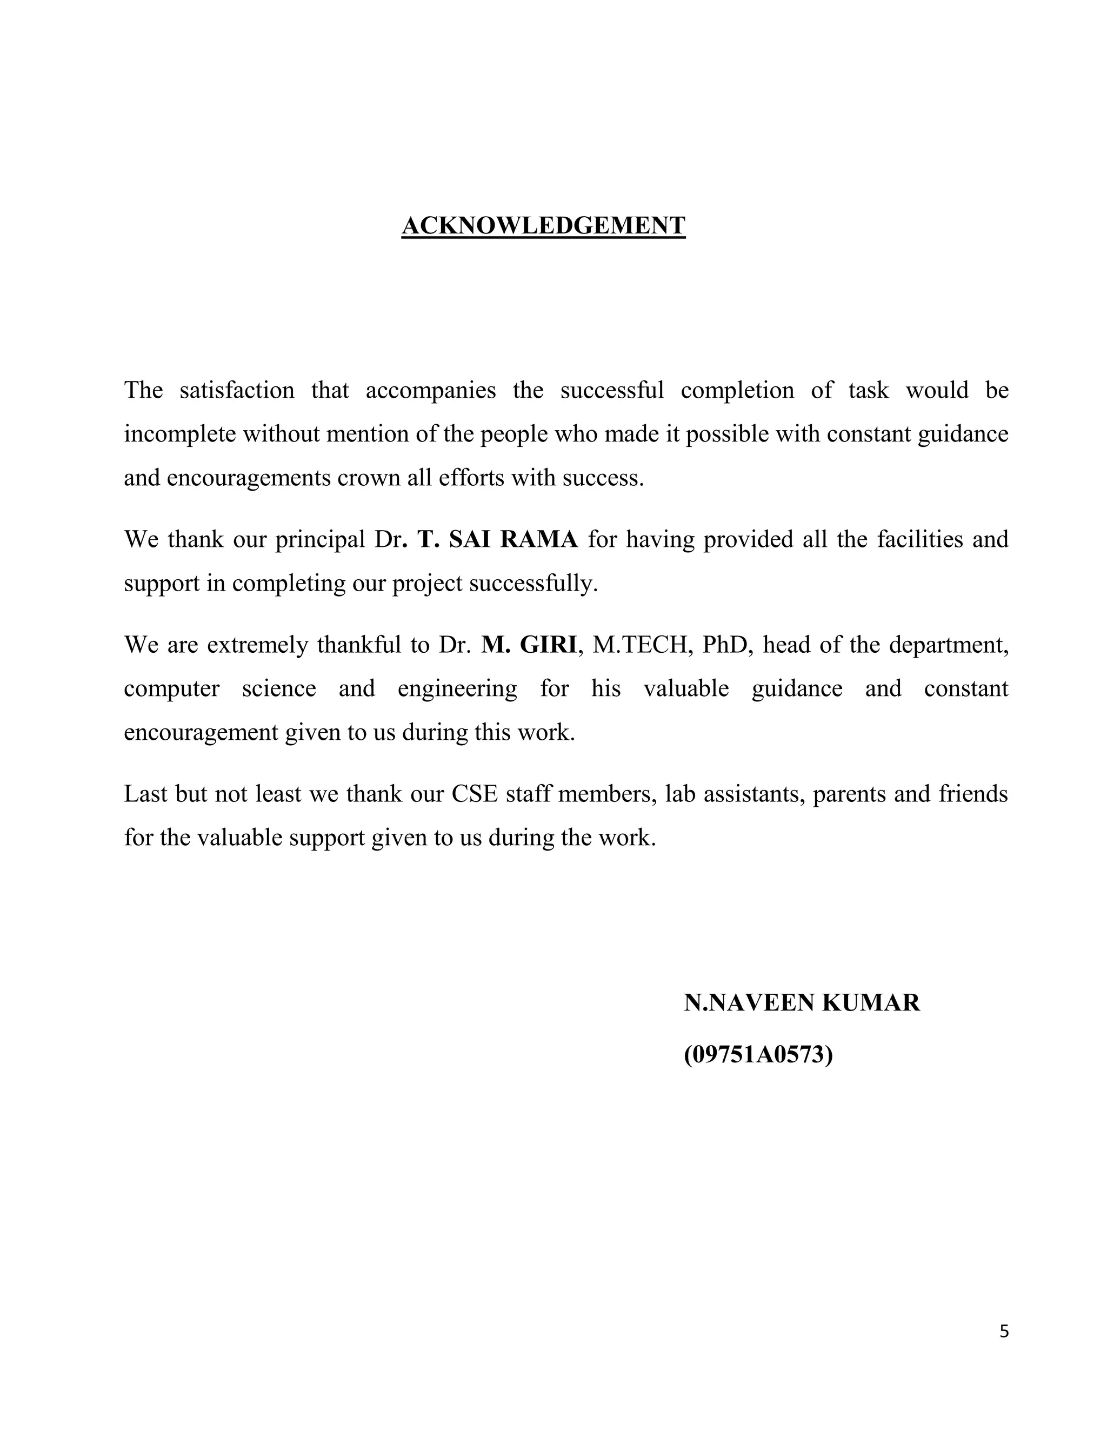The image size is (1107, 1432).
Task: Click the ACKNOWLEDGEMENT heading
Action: [543, 225]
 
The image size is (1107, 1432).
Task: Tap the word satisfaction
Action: [237, 390]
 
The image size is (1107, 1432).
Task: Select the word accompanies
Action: [430, 390]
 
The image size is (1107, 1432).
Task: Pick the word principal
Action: [320, 540]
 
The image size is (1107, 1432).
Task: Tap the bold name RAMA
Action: [539, 540]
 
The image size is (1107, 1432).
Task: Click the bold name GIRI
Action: [548, 645]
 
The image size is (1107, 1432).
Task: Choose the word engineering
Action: [457, 689]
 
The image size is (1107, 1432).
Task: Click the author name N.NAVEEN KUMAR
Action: [802, 1002]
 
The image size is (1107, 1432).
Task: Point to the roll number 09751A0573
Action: [758, 1055]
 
